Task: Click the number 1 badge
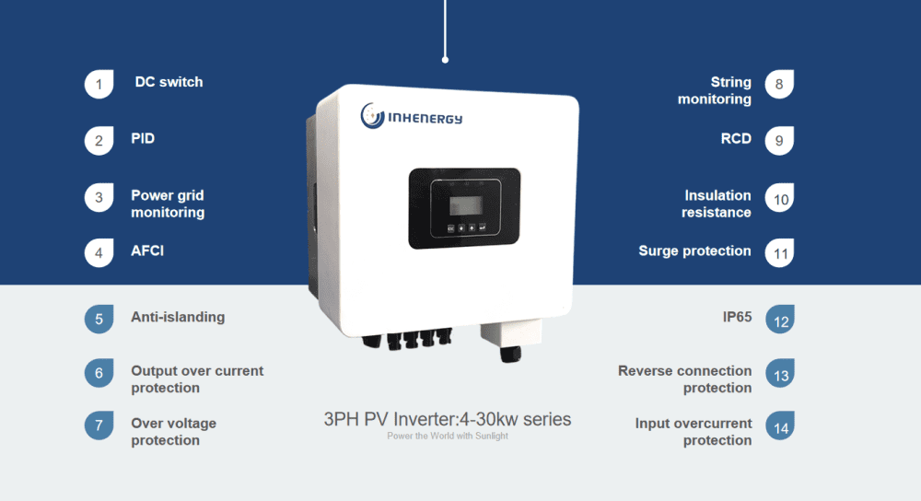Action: (99, 84)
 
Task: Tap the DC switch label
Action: (169, 82)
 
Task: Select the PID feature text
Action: (143, 139)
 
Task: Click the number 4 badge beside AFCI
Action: (99, 252)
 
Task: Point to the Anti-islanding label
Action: (178, 317)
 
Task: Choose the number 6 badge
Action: (99, 373)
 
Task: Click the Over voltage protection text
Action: (173, 432)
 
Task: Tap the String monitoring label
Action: (715, 90)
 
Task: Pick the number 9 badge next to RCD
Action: (779, 141)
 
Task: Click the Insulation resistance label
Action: (717, 204)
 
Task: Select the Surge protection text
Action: (694, 250)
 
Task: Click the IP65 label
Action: (737, 317)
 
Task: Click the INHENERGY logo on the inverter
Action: (412, 117)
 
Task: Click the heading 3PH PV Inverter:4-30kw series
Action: (448, 420)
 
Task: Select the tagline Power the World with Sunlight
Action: (448, 436)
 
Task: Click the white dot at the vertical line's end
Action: (446, 60)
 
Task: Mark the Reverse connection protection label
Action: (684, 379)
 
